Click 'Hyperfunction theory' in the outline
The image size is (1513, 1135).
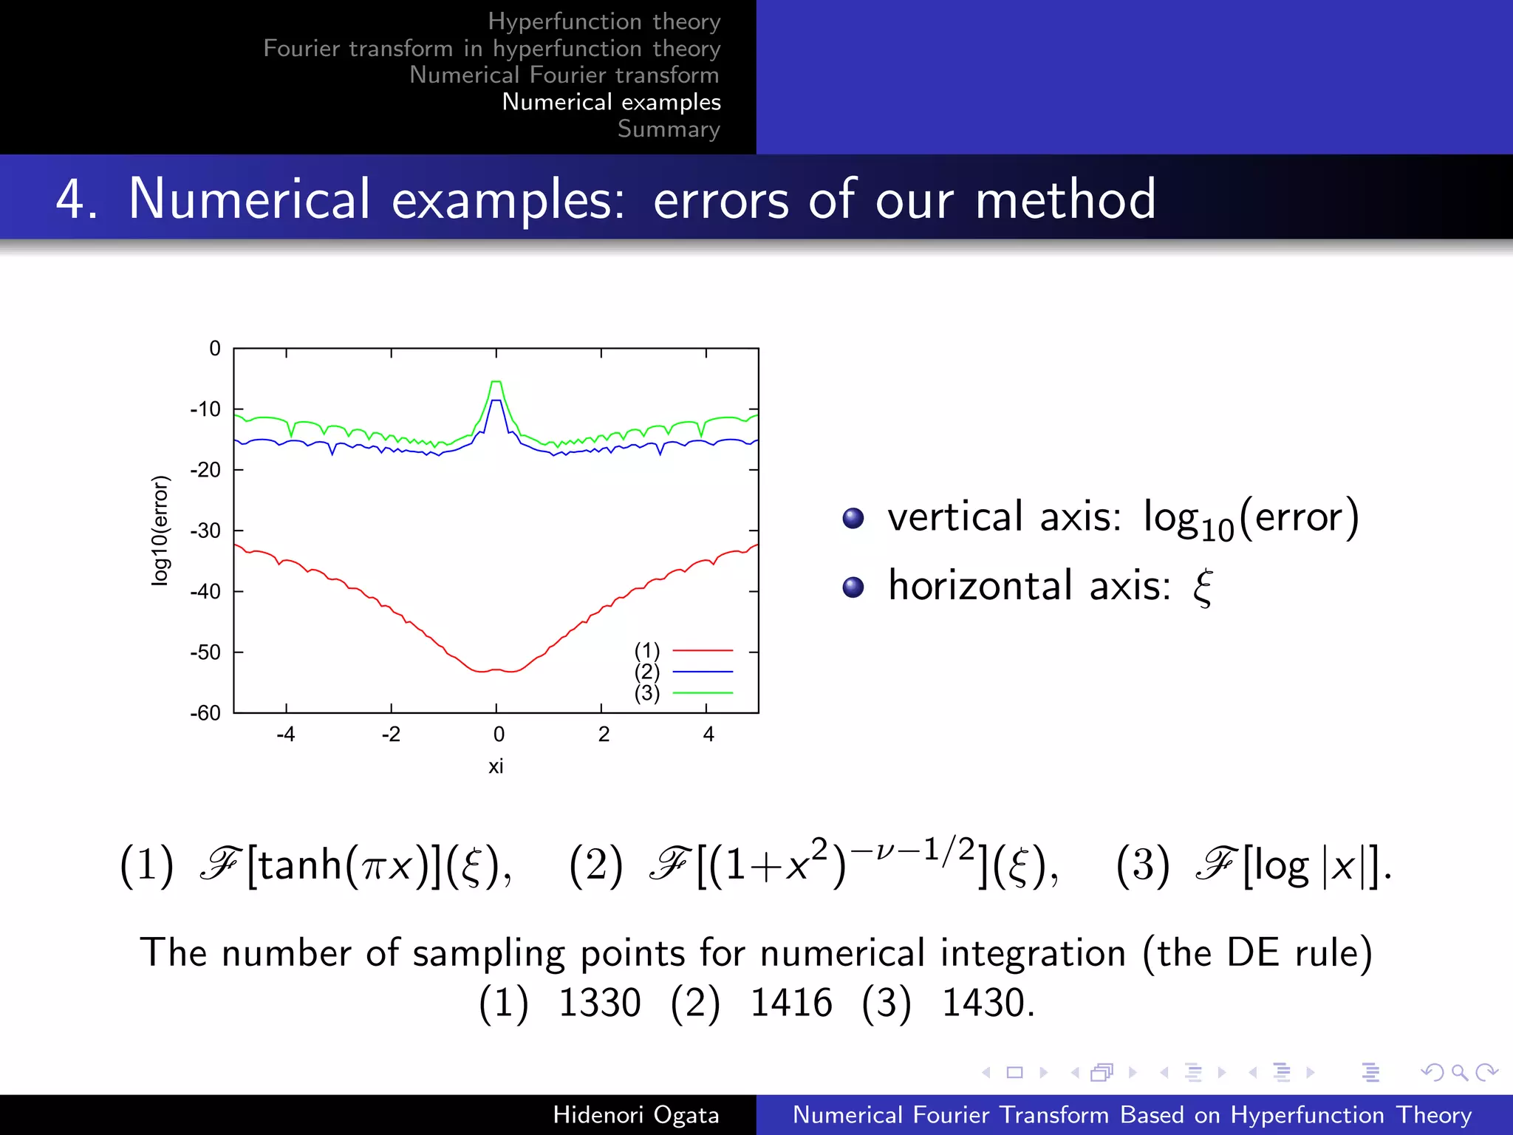click(604, 21)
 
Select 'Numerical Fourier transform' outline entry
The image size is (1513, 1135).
click(564, 75)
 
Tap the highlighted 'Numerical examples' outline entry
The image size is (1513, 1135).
click(611, 102)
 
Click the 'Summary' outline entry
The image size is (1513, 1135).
click(669, 129)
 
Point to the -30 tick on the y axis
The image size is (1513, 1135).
click(205, 531)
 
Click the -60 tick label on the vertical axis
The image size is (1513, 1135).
click(205, 713)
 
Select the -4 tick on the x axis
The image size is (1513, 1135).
click(286, 734)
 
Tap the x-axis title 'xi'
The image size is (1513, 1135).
click(496, 766)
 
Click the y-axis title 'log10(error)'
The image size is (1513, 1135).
click(160, 531)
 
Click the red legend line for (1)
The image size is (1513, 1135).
click(702, 651)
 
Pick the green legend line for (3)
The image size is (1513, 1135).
click(702, 693)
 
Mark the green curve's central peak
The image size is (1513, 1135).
click(496, 382)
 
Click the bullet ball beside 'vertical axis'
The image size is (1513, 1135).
click(853, 518)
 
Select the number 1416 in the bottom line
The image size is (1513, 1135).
click(790, 1003)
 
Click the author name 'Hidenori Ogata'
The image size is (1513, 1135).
click(636, 1114)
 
